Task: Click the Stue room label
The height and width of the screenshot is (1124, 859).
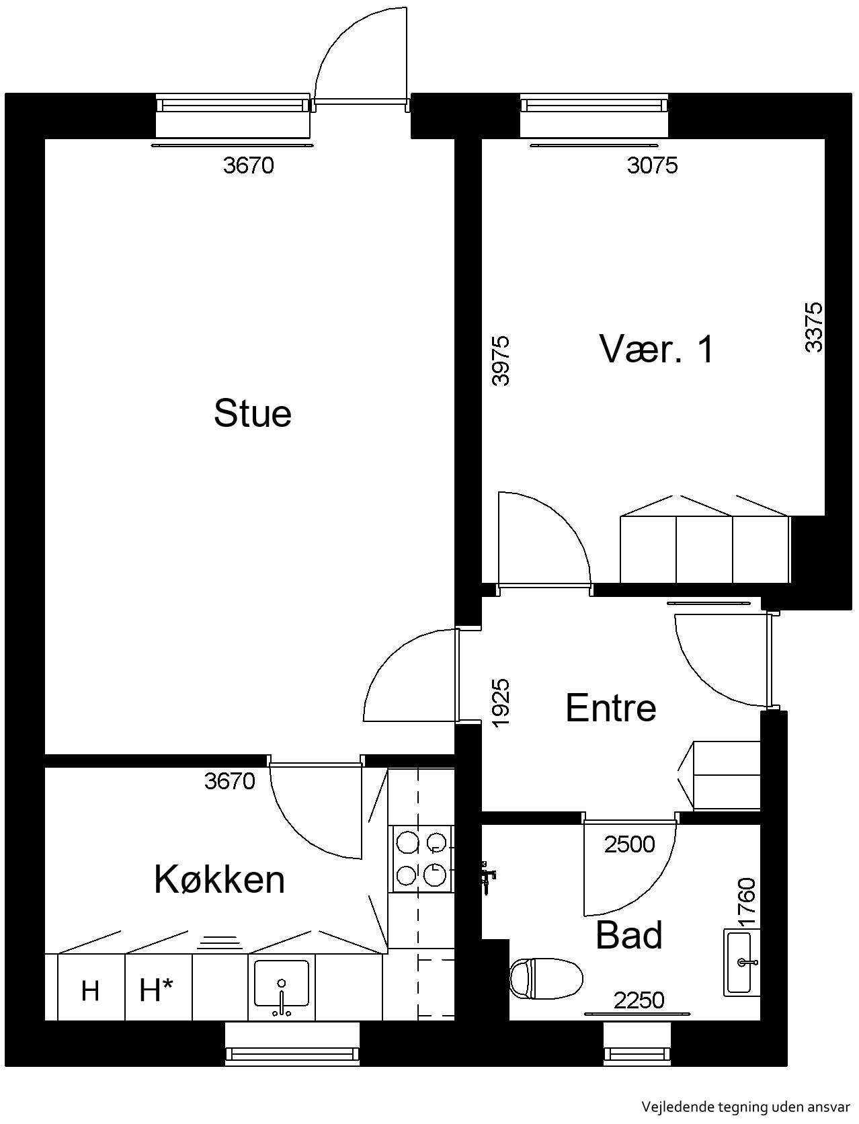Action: tap(252, 413)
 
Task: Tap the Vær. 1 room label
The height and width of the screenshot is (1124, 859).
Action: tap(656, 350)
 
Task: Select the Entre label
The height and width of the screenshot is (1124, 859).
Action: tap(611, 708)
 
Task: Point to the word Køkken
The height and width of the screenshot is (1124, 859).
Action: tap(219, 880)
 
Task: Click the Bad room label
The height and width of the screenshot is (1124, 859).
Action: tap(629, 935)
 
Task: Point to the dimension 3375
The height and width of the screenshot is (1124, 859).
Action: tap(813, 327)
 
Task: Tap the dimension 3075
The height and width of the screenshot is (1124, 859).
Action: tap(652, 165)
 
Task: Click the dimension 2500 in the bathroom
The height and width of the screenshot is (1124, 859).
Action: tap(629, 845)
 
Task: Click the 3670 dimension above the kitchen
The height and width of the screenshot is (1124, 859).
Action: tap(229, 781)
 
